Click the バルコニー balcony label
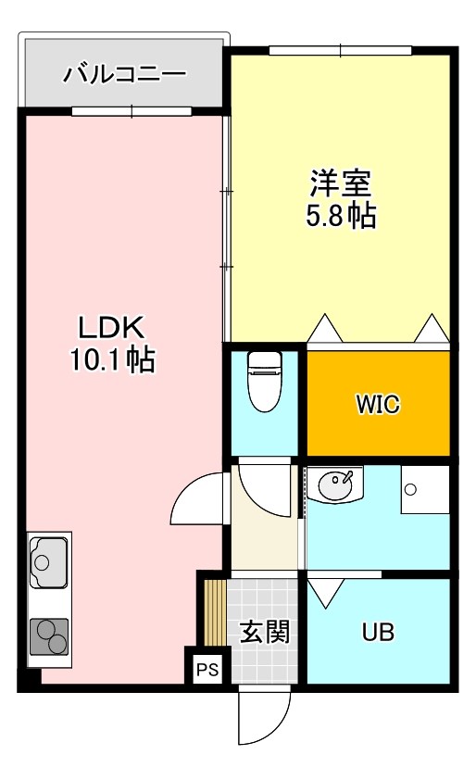click(x=124, y=74)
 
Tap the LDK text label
click(x=110, y=328)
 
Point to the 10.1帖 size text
click(x=112, y=359)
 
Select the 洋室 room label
click(x=340, y=182)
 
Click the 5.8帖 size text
click(x=340, y=216)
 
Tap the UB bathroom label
click(x=378, y=633)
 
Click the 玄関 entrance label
click(x=265, y=633)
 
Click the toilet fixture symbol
click(x=265, y=378)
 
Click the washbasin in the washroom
click(x=335, y=484)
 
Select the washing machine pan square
click(x=424, y=489)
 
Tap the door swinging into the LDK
click(x=199, y=500)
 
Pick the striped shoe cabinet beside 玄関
click(x=215, y=612)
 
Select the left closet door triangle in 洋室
click(x=326, y=328)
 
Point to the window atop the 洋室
click(x=340, y=50)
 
